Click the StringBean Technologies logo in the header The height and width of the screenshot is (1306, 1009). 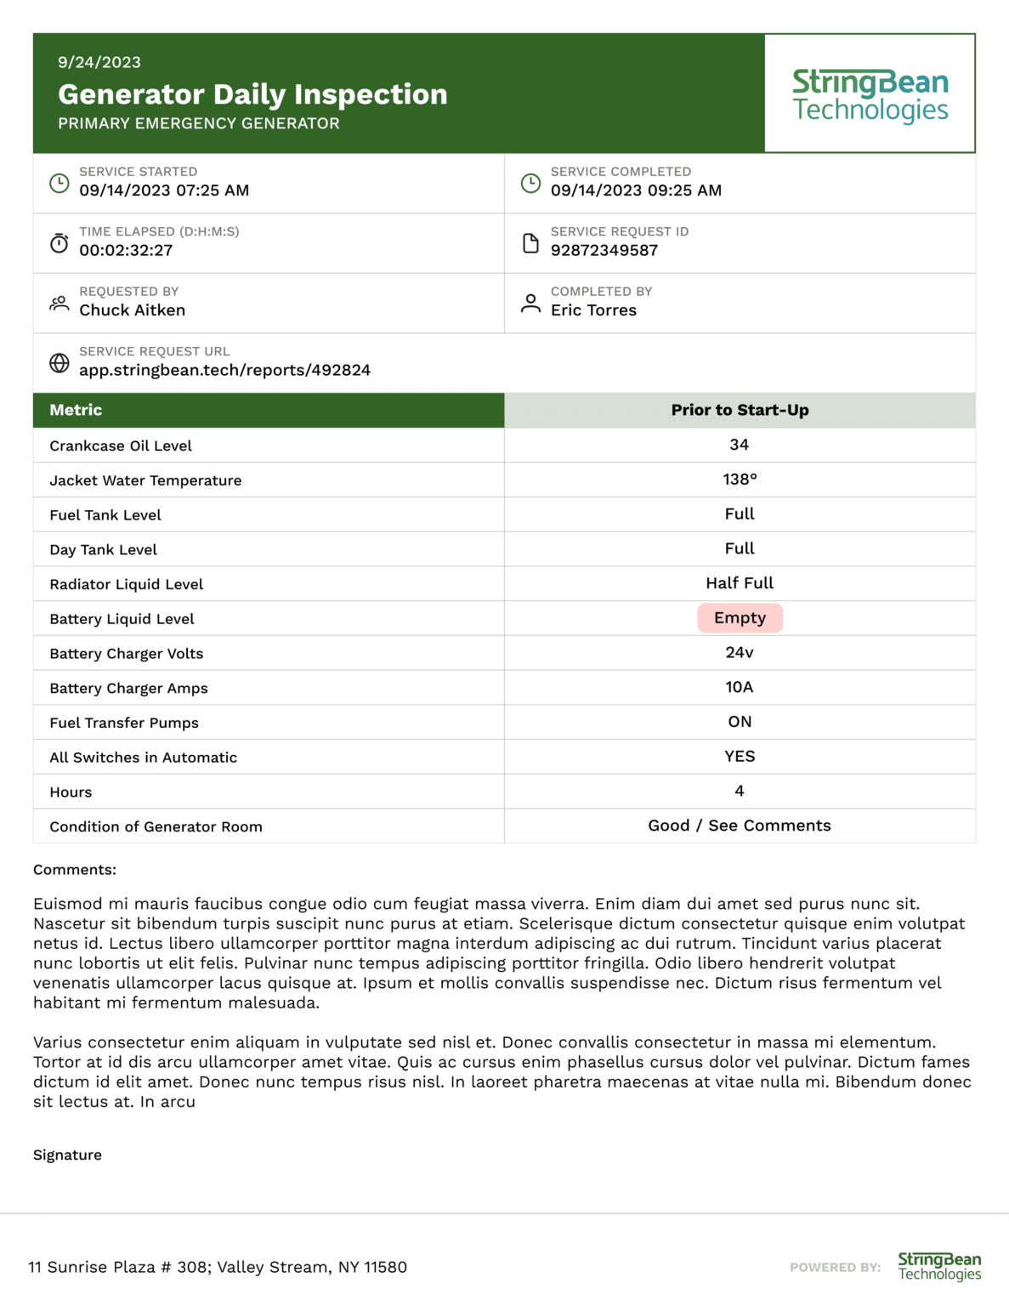tap(870, 94)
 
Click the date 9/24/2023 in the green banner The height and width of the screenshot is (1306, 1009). tap(99, 62)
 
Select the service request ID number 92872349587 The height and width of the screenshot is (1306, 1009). tap(604, 250)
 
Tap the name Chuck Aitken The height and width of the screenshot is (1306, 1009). tap(132, 310)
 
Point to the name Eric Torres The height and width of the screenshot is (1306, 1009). tap(593, 310)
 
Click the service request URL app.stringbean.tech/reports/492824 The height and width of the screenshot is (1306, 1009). tap(224, 370)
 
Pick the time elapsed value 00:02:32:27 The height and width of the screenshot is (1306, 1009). tap(126, 250)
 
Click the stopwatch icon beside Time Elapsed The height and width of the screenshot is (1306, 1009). tap(59, 243)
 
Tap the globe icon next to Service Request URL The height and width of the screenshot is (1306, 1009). tap(59, 363)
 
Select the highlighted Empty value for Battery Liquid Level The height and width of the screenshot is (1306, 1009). tap(740, 618)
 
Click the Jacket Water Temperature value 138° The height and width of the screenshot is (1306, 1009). tap(740, 480)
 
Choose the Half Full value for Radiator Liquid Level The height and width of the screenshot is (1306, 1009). tap(740, 583)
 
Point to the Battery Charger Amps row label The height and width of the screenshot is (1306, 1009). tap(128, 688)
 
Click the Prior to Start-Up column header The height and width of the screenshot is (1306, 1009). tap(740, 410)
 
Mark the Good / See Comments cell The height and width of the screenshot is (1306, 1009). tap(740, 826)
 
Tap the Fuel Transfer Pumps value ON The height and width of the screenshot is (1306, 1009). tap(740, 722)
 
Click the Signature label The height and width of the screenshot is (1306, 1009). tap(67, 1155)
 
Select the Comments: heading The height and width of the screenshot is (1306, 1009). tap(75, 870)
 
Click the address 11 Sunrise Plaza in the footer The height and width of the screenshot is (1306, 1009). tap(218, 1267)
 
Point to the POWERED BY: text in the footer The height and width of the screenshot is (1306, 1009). tap(835, 1267)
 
